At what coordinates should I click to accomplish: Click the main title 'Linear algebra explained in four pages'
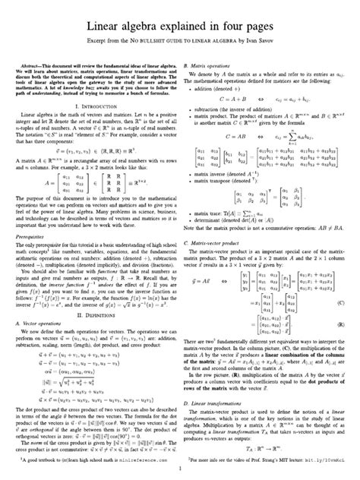(x=180, y=26)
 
